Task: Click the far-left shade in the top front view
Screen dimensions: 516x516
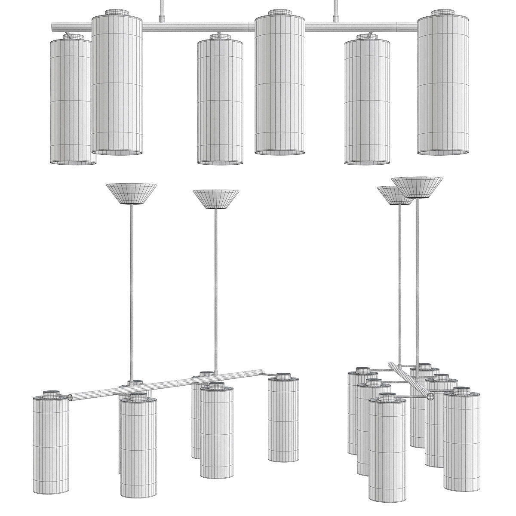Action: [71, 101]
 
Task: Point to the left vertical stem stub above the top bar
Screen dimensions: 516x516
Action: [162, 11]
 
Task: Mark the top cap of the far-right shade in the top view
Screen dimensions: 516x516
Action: [443, 12]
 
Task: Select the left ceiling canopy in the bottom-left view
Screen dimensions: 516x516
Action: [131, 193]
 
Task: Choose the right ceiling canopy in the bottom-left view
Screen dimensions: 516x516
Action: [216, 199]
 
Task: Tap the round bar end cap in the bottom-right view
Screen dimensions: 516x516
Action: [430, 396]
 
